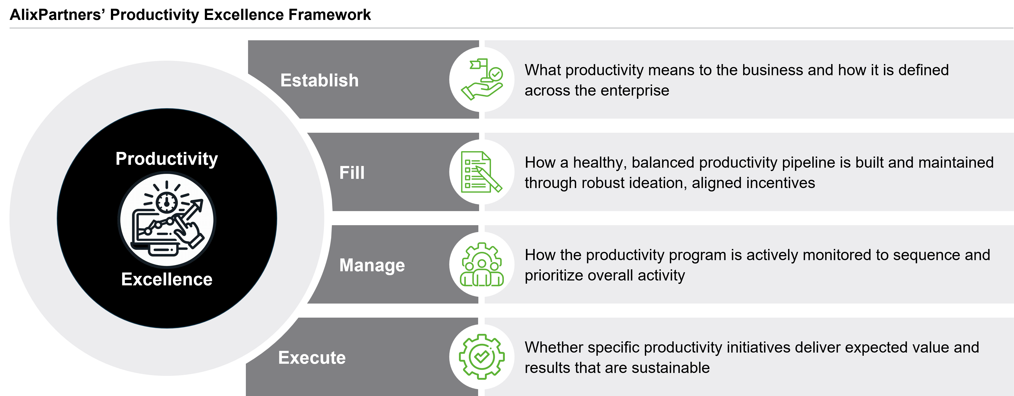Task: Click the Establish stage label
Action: pos(319,80)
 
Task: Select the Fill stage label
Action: pos(352,173)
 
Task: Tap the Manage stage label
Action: pos(372,265)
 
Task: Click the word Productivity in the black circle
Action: pos(166,159)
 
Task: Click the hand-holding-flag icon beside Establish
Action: pos(482,80)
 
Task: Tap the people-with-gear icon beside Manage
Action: pos(482,264)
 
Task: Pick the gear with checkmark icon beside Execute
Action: pos(482,357)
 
